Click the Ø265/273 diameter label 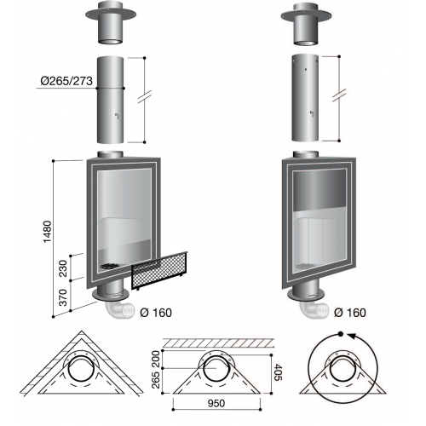pos(66,81)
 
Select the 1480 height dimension pos(48,232)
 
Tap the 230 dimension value pos(63,268)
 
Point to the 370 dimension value pos(63,297)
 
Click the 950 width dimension pos(216,403)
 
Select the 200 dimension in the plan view pos(156,359)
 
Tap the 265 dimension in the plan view pos(156,379)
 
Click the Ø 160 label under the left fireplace pos(156,313)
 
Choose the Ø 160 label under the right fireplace pos(350,313)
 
